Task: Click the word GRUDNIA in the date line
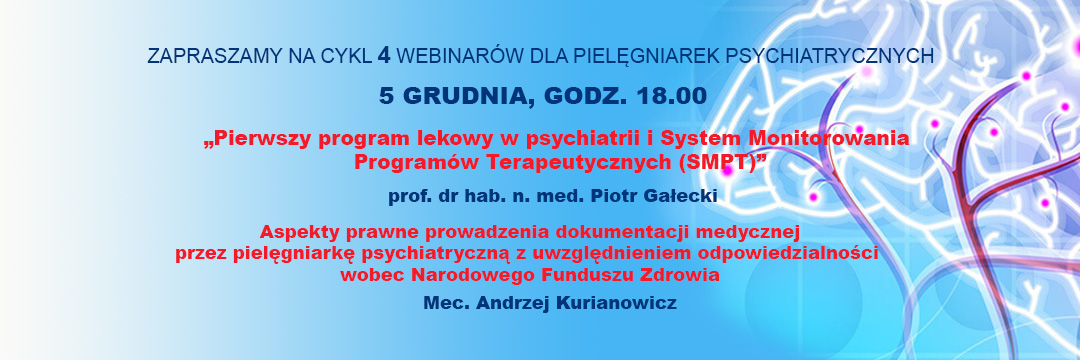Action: pos(467,96)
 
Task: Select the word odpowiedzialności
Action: pos(788,253)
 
